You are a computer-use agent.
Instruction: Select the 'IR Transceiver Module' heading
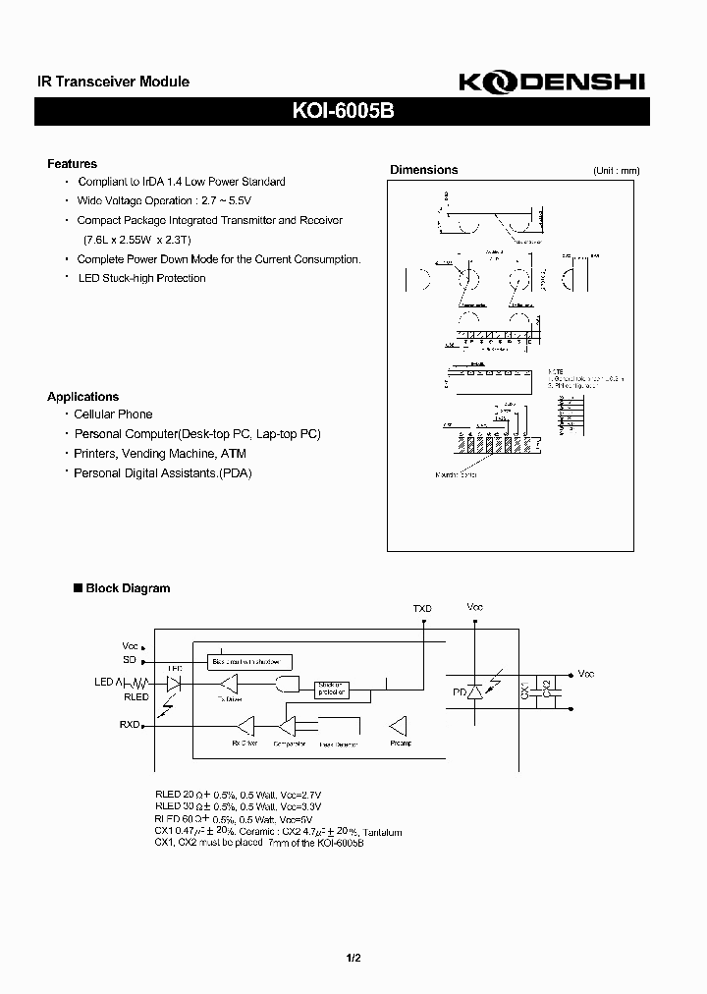click(x=106, y=83)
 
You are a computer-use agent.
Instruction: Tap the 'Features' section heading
click(x=72, y=164)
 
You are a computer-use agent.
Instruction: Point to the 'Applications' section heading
click(x=82, y=397)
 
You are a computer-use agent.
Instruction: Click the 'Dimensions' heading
click(x=423, y=170)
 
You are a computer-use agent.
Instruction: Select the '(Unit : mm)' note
click(x=616, y=171)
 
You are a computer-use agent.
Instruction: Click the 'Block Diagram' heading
click(x=128, y=588)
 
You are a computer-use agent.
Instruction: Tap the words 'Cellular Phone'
click(x=113, y=414)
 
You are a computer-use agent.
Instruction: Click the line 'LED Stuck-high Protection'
click(x=141, y=278)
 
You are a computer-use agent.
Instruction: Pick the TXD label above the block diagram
click(x=422, y=609)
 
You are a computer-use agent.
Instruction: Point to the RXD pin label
click(x=129, y=725)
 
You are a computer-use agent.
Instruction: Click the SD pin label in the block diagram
click(x=130, y=659)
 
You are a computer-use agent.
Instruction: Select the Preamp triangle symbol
click(x=399, y=726)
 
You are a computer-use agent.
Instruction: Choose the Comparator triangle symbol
click(x=288, y=726)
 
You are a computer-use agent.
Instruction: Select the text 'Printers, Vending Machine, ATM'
click(x=160, y=454)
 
